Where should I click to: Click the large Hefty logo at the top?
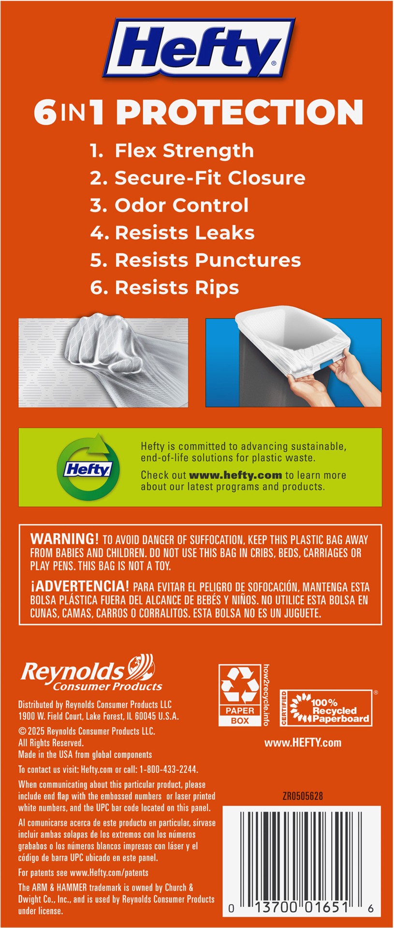pos(198,48)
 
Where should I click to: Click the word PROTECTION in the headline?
pos(240,112)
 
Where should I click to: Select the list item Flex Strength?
pos(172,150)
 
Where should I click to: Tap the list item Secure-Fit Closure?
pos(197,178)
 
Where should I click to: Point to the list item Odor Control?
pos(169,205)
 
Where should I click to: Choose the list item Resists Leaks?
pos(172,233)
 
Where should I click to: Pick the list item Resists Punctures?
pos(195,260)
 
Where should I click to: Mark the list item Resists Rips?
pos(164,288)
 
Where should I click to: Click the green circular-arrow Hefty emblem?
pos(88,467)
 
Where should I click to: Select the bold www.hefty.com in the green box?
pos(235,475)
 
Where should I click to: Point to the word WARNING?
pos(64,539)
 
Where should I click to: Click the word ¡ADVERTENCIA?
pos(80,586)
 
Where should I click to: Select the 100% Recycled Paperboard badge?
pos(326,709)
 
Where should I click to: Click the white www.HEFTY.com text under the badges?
pos(303,743)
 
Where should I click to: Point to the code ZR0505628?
pos(302,796)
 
